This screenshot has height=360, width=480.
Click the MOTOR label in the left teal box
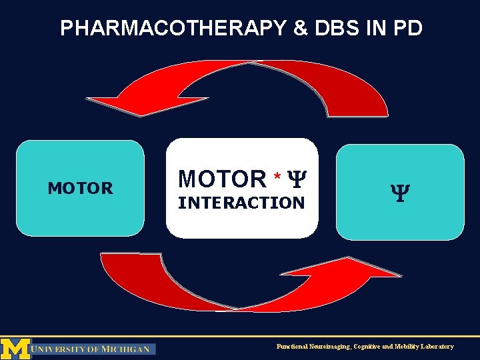tap(80, 189)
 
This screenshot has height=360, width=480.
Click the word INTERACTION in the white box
tap(241, 203)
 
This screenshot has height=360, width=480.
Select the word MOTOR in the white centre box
tap(222, 179)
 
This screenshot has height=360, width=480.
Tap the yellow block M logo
tap(15, 347)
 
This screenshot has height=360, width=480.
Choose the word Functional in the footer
tap(293, 347)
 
